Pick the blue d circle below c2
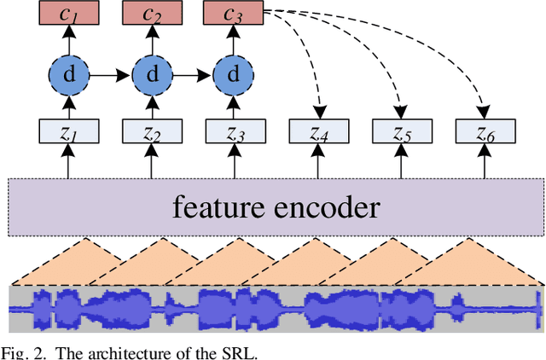tap(153, 74)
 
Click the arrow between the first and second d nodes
tap(111, 74)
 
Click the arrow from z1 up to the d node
tap(70, 107)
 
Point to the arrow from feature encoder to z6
tap(485, 160)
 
